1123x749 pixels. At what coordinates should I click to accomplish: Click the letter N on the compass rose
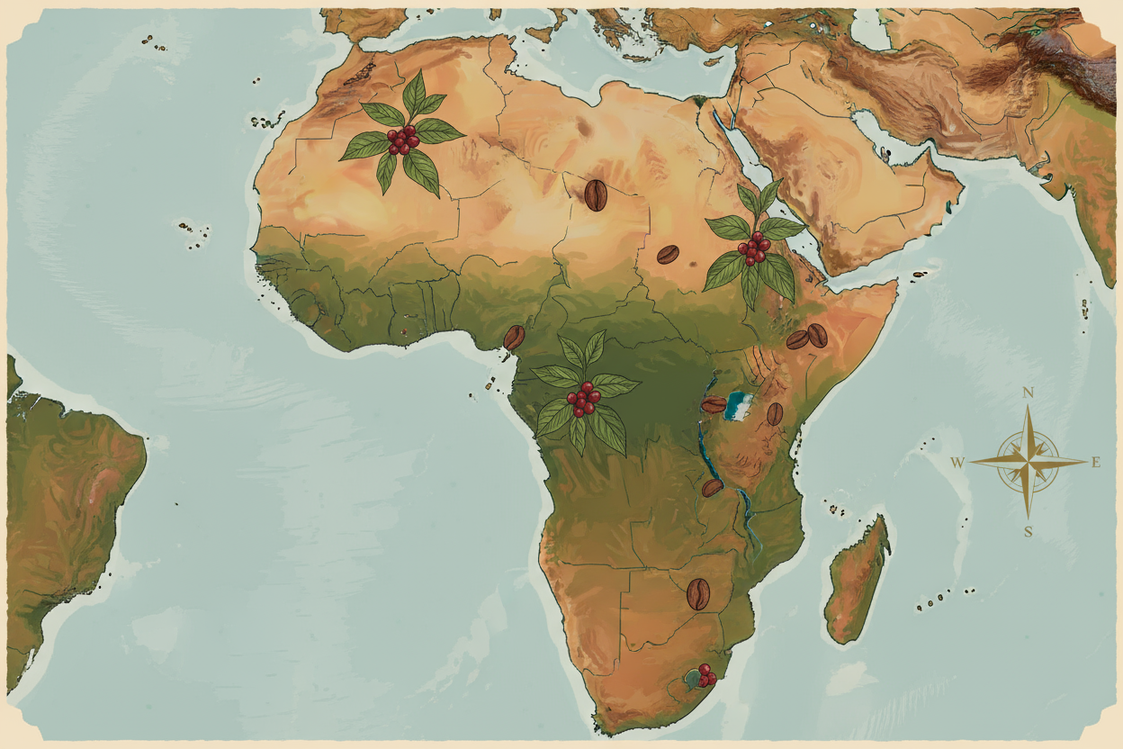point(1027,393)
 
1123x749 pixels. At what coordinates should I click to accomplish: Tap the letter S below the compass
point(1028,531)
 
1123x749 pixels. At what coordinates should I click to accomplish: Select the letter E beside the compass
point(1096,463)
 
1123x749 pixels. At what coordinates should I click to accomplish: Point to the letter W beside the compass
point(958,463)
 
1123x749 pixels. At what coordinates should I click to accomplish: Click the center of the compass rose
point(1028,462)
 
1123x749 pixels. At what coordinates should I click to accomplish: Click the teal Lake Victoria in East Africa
point(740,405)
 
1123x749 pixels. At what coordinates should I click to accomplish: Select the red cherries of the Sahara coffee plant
point(401,140)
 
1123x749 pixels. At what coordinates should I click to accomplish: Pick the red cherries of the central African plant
point(583,399)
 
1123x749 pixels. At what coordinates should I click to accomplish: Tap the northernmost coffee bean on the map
point(596,194)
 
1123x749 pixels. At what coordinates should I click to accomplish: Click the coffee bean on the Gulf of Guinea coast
point(514,338)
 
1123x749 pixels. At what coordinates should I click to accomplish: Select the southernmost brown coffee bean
point(698,594)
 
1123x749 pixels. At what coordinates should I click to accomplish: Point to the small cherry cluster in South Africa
point(705,675)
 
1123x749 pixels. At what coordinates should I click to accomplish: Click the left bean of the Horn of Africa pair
point(797,339)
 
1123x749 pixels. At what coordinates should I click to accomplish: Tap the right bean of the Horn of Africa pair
point(817,335)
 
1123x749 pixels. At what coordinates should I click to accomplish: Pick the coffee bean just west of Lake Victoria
point(714,405)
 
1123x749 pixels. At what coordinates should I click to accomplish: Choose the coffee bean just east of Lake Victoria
point(775,414)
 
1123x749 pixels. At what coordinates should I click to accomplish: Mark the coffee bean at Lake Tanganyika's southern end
point(712,488)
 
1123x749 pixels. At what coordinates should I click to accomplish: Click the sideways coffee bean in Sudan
point(668,254)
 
